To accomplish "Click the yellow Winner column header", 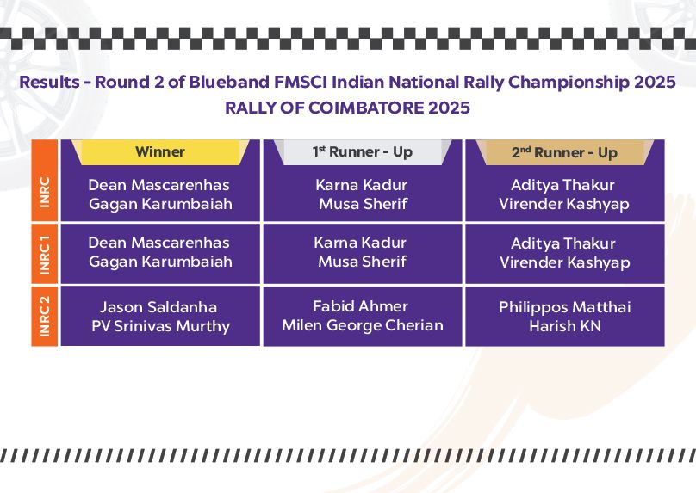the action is pyautogui.click(x=160, y=152).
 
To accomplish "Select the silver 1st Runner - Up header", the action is pyautogui.click(x=362, y=152).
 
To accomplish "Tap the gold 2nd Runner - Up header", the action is pyautogui.click(x=564, y=152).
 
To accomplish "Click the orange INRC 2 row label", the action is pyautogui.click(x=45, y=316).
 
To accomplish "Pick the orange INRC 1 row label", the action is pyautogui.click(x=45, y=254).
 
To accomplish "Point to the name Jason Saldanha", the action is pyautogui.click(x=158, y=307).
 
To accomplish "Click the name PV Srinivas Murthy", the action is pyautogui.click(x=161, y=326).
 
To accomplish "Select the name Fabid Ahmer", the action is pyautogui.click(x=360, y=306).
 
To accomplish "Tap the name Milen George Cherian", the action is pyautogui.click(x=363, y=325).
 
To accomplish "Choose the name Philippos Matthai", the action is pyautogui.click(x=564, y=307).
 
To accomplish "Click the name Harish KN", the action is pyautogui.click(x=565, y=326).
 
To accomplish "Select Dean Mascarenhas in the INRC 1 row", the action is pyautogui.click(x=158, y=243).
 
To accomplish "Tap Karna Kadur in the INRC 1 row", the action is pyautogui.click(x=360, y=243).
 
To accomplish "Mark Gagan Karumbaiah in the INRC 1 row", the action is pyautogui.click(x=161, y=262).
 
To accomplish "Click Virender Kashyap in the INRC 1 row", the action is pyautogui.click(x=565, y=262).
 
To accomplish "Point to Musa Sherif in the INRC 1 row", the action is pyautogui.click(x=363, y=262).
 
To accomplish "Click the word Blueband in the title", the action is pyautogui.click(x=229, y=82).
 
